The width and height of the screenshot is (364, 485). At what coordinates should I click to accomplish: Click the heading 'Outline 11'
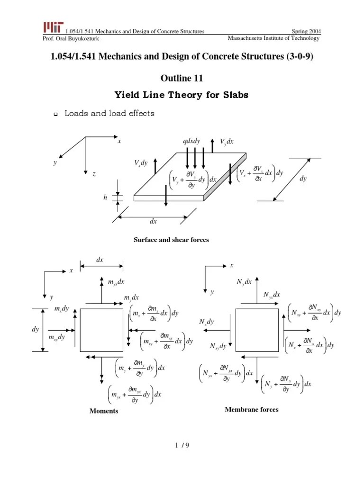click(182, 78)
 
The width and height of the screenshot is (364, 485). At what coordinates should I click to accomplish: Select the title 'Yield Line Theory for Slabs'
click(182, 95)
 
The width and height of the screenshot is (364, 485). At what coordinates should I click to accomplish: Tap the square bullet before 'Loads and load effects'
click(55, 114)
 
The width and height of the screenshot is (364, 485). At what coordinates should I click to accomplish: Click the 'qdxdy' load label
click(191, 142)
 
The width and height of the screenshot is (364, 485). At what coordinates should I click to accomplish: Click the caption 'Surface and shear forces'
click(172, 240)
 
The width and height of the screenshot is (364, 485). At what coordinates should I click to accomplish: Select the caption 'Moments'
click(104, 411)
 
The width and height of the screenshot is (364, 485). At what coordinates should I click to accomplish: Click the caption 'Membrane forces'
click(252, 410)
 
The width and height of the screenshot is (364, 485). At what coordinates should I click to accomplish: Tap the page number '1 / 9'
click(182, 445)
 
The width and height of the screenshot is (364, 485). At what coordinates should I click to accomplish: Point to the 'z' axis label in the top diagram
click(94, 175)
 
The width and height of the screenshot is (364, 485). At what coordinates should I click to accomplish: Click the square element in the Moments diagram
click(101, 330)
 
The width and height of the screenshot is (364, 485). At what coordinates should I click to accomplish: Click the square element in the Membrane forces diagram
click(257, 330)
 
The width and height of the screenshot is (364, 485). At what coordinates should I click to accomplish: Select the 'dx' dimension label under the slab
click(153, 221)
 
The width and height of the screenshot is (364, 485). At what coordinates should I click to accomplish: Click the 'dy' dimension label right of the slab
click(303, 179)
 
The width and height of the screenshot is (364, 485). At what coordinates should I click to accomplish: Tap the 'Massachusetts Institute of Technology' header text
click(273, 38)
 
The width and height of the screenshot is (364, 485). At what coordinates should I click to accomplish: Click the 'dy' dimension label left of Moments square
click(36, 330)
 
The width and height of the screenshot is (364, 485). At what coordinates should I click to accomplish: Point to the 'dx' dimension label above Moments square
click(100, 260)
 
